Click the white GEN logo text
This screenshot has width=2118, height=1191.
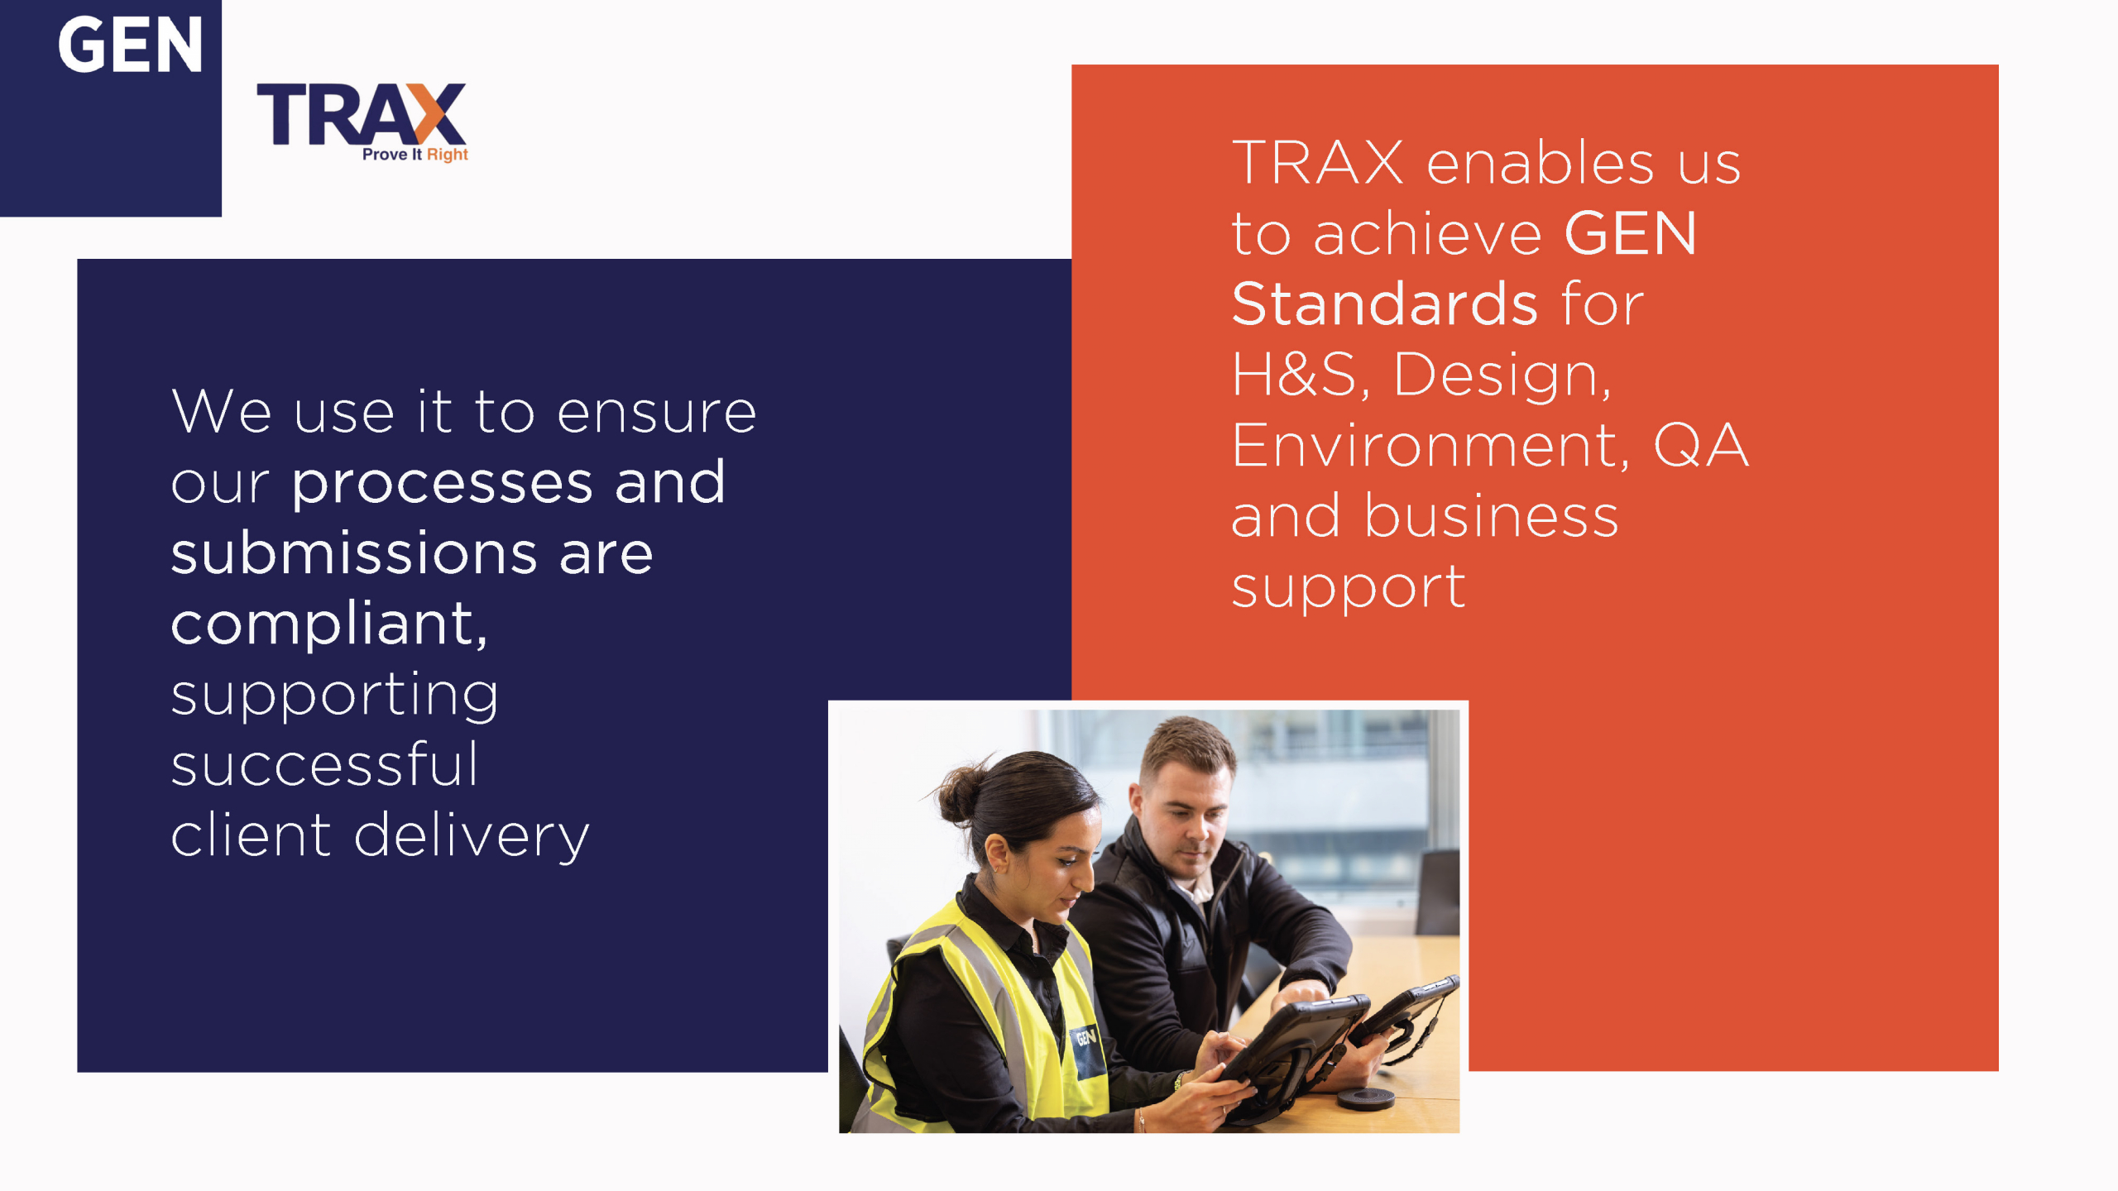(130, 45)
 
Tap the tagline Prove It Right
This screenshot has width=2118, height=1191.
(415, 155)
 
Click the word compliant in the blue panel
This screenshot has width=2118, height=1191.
(329, 624)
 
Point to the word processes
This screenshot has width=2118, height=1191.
(443, 484)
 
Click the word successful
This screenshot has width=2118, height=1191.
(325, 764)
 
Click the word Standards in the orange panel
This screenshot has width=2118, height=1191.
(1385, 304)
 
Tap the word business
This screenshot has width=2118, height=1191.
(1491, 516)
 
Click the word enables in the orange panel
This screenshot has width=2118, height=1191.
(1540, 162)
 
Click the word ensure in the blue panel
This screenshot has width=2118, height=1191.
(657, 413)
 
